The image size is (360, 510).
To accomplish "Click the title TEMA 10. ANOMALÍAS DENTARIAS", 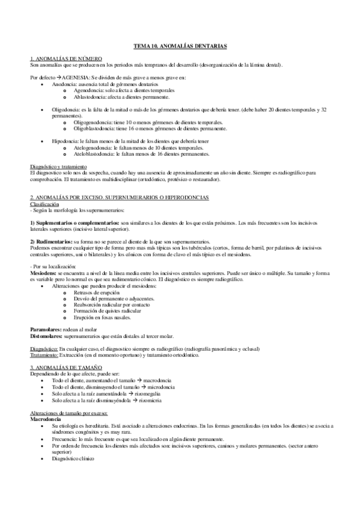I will [180, 46].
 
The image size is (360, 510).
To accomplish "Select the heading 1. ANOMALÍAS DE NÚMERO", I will [63, 58].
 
